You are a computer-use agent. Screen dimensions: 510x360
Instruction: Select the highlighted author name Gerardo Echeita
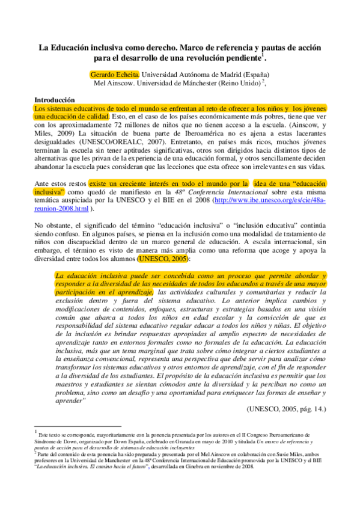coord(114,73)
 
